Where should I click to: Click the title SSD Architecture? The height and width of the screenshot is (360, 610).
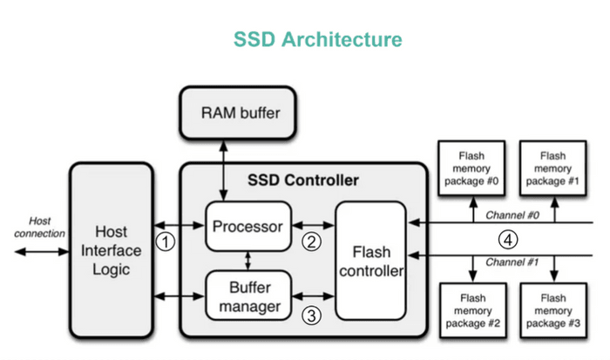click(x=318, y=40)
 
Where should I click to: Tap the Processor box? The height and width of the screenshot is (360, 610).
click(x=248, y=227)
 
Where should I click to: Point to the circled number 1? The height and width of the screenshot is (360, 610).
click(x=165, y=240)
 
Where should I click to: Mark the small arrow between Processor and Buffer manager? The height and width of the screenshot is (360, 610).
click(x=248, y=260)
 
